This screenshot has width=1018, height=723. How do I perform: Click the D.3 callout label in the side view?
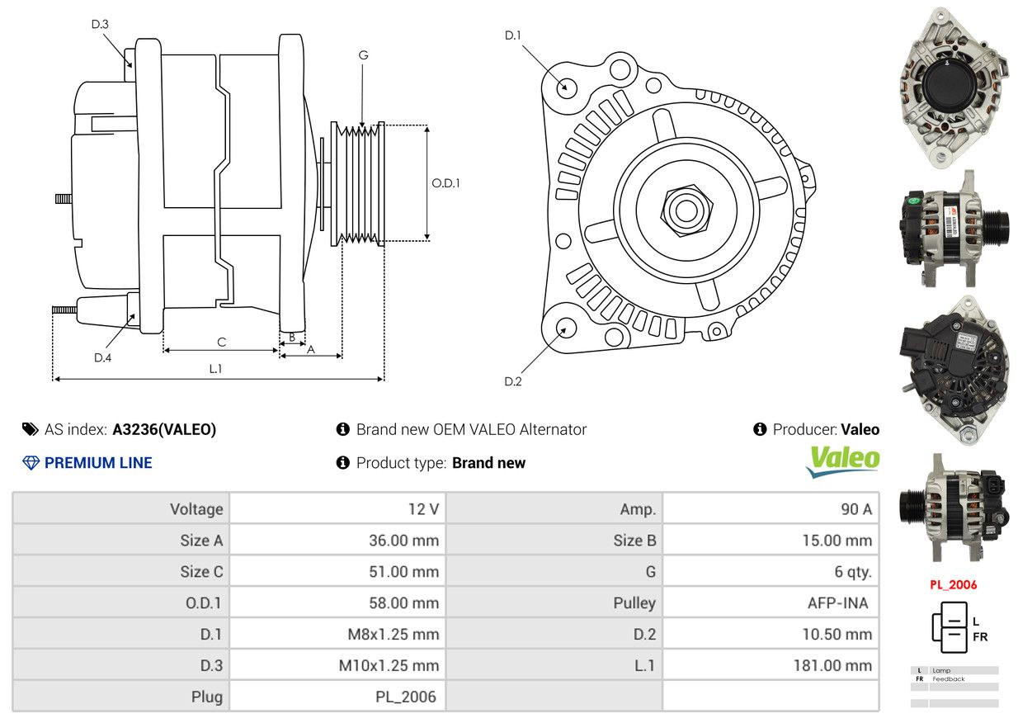[100, 24]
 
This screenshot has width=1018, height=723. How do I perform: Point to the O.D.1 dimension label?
[445, 183]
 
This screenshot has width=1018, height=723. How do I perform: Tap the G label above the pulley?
[363, 55]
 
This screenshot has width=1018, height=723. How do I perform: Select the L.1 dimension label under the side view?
[215, 369]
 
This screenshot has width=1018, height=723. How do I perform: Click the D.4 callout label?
[103, 358]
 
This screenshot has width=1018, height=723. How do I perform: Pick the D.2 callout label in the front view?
[513, 381]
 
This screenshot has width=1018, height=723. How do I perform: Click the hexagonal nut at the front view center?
[686, 210]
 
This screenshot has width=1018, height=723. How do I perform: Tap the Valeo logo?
[843, 461]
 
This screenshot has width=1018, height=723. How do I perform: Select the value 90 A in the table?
[856, 509]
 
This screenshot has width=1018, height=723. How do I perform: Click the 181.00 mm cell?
[832, 665]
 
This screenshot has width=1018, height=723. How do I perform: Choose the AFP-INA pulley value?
[837, 603]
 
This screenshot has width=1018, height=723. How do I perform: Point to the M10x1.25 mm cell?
[389, 665]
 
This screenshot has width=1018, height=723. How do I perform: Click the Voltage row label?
[196, 509]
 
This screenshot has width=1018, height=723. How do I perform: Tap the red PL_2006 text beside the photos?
[953, 585]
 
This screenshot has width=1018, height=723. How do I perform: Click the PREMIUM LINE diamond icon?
[31, 463]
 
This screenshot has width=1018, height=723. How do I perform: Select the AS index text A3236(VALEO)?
[164, 429]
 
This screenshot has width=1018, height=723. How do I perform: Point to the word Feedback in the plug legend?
[948, 679]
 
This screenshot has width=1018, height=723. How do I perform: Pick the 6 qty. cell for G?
[853, 572]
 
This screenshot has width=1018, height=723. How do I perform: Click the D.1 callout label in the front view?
[513, 35]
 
